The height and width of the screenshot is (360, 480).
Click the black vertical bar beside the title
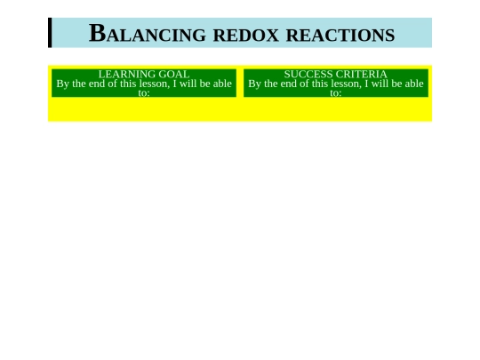pyautogui.click(x=50, y=33)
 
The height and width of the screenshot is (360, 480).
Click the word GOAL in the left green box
pyautogui.click(x=174, y=75)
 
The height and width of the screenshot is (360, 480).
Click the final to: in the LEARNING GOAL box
pyautogui.click(x=144, y=92)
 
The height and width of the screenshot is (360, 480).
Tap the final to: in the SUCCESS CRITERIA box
pyautogui.click(x=336, y=92)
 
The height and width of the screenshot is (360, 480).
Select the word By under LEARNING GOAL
pyautogui.click(x=63, y=84)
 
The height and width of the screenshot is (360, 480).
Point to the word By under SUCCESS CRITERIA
pyautogui.click(x=255, y=84)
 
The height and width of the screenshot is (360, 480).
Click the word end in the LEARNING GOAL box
pyautogui.click(x=98, y=84)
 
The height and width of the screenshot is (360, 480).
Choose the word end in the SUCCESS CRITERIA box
pyautogui.click(x=290, y=84)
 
